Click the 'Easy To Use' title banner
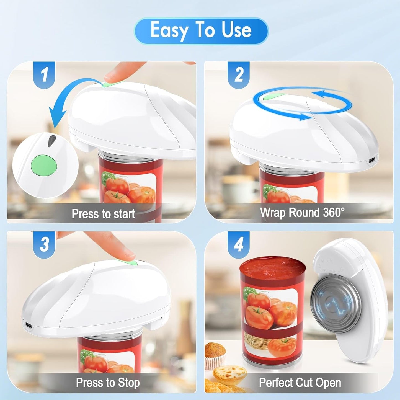tap(201, 30)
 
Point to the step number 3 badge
tap(44, 244)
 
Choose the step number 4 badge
tap(239, 244)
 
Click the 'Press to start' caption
tap(103, 214)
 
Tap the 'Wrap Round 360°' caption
tap(302, 213)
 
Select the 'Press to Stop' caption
tap(108, 383)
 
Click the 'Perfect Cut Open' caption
tap(300, 383)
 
